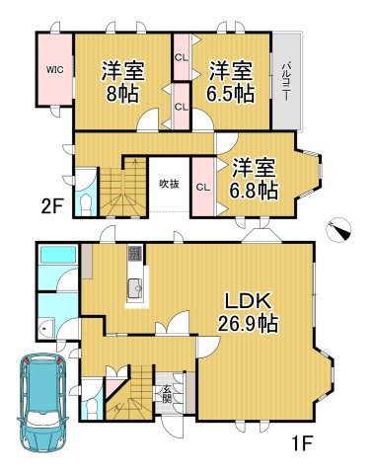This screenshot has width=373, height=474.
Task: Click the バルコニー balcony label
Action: point(284,78)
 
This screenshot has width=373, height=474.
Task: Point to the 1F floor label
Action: point(302,442)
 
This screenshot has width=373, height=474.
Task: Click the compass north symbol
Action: point(341,230)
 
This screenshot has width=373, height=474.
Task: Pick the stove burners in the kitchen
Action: point(134,254)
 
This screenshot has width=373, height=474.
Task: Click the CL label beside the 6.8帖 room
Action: point(202,187)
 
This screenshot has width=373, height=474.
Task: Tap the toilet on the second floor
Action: point(87,202)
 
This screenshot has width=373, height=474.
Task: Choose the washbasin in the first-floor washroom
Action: point(44,329)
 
